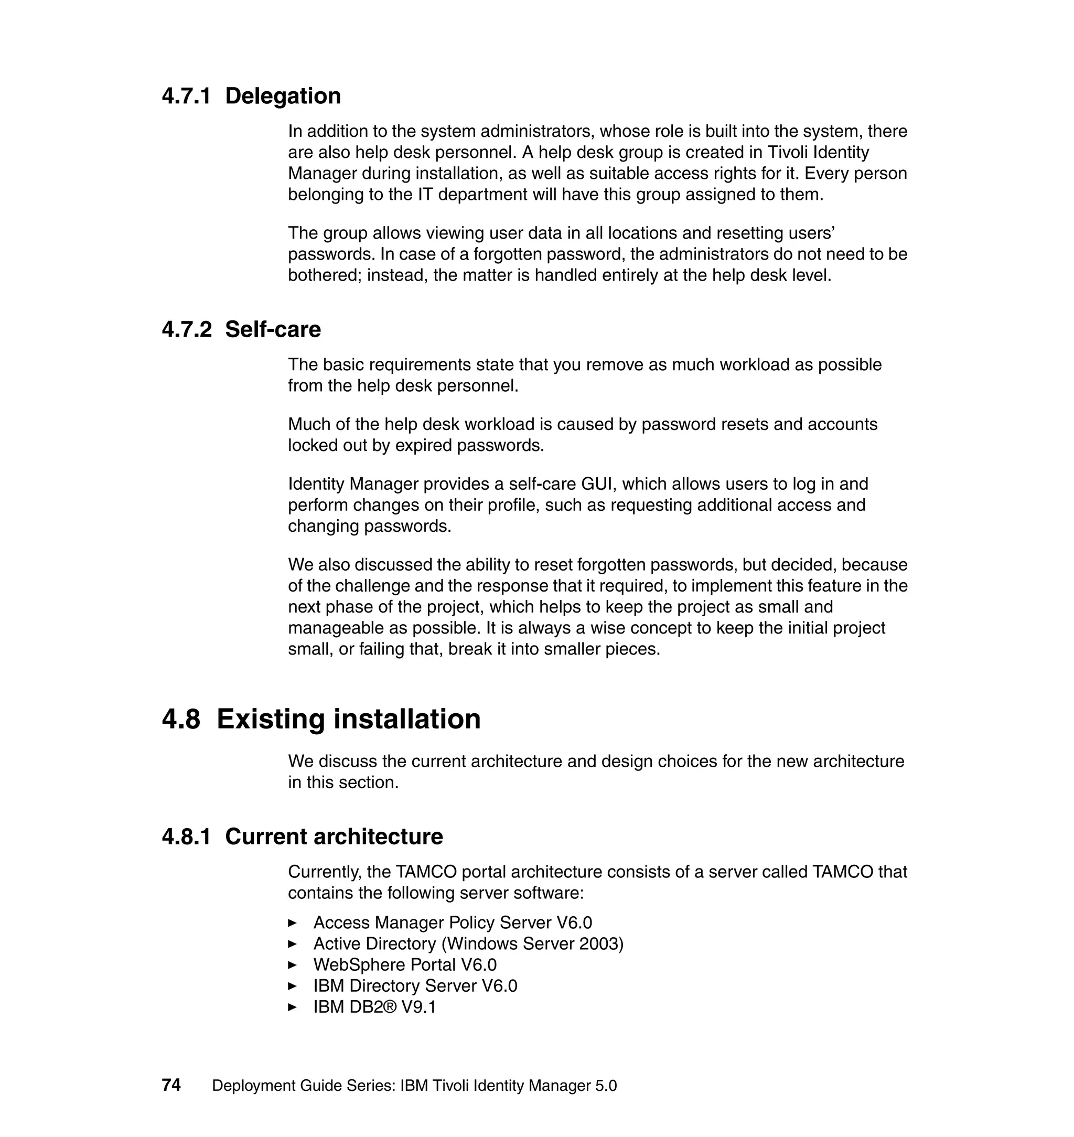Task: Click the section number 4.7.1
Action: point(186,96)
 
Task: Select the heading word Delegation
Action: point(283,96)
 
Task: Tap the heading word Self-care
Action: point(273,330)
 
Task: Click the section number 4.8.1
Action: point(186,837)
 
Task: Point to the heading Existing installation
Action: point(348,719)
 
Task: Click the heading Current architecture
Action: point(334,837)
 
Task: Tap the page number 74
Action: point(171,1086)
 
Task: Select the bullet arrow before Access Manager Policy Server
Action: point(293,923)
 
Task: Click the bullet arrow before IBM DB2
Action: point(293,1007)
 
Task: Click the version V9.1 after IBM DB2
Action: point(418,1007)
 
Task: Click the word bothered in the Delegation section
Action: point(324,276)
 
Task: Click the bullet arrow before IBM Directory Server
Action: point(293,986)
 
